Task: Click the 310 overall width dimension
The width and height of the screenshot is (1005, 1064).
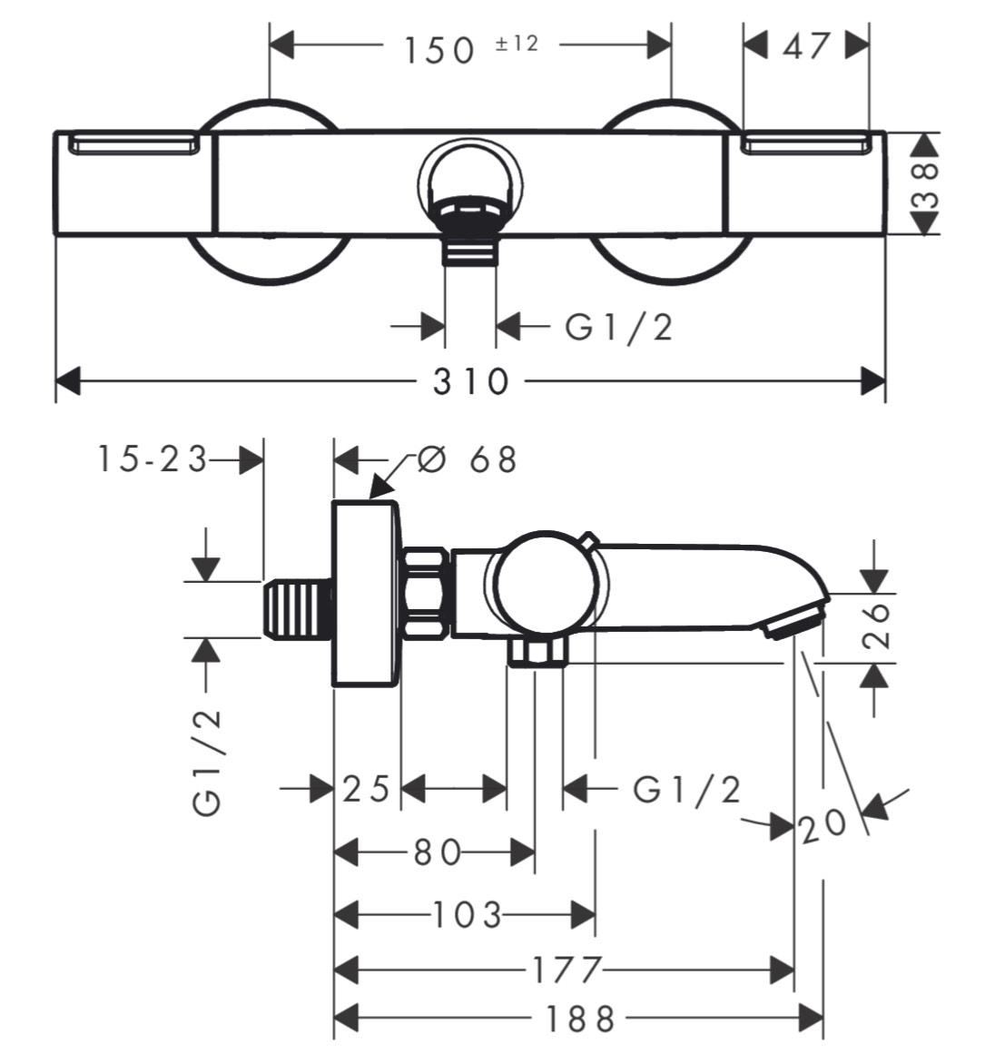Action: click(x=470, y=381)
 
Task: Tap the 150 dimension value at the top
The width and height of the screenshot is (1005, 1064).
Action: click(x=439, y=51)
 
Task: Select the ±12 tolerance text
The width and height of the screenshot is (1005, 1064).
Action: click(x=517, y=44)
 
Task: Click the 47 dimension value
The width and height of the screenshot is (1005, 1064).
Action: click(x=807, y=47)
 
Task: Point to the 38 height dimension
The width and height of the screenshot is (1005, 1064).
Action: click(x=926, y=183)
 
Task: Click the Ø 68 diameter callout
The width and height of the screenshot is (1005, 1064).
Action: click(x=467, y=459)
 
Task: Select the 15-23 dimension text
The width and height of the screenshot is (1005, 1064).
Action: click(x=152, y=458)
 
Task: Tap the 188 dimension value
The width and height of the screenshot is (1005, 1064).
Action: click(x=580, y=1020)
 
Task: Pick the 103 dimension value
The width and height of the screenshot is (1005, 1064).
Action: click(x=467, y=915)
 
